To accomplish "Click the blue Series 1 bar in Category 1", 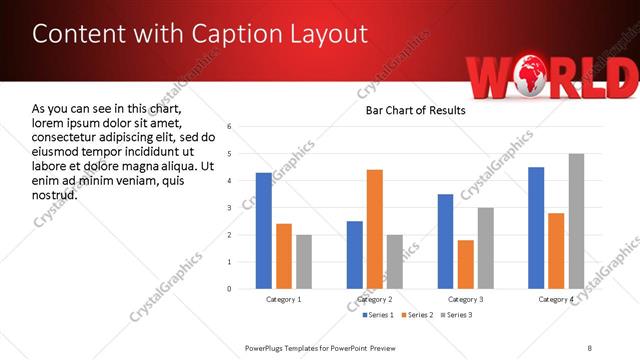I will tap(263, 231).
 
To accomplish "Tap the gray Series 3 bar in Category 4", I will tap(576, 221).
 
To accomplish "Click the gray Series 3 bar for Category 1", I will tap(304, 262).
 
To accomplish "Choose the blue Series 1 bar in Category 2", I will tap(355, 255).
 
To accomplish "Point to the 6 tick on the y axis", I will tap(230, 127).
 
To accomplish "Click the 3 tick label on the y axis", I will tap(230, 208).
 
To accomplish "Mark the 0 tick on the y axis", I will tap(230, 289).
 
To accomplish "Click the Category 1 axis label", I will tap(284, 300).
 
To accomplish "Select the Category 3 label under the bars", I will tap(466, 300).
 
